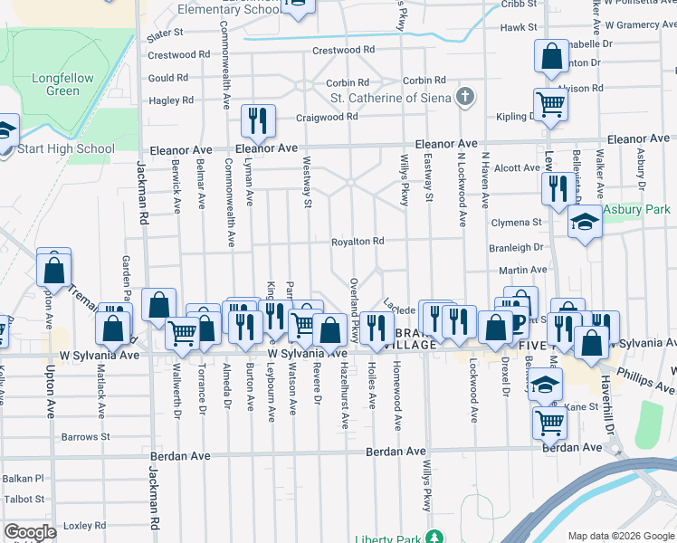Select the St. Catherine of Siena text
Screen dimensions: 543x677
[390, 98]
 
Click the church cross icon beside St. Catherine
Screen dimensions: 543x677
[465, 97]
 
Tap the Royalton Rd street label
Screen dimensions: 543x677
[358, 242]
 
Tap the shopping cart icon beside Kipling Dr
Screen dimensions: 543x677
[550, 105]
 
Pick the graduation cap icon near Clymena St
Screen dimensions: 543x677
[585, 223]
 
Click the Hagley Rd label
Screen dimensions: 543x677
[171, 100]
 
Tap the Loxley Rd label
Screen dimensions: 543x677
[85, 525]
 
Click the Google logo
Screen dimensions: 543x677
[31, 531]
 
